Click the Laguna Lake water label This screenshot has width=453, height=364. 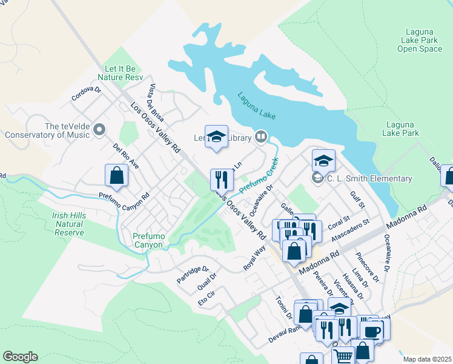point(257,106)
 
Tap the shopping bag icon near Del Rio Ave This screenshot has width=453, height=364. point(116,175)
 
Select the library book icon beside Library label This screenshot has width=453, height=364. point(261,137)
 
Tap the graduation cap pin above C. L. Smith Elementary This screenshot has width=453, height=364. point(324,160)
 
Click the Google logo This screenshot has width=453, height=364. point(20,357)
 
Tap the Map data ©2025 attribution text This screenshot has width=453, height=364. point(427,359)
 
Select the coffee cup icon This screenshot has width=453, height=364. point(371,331)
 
